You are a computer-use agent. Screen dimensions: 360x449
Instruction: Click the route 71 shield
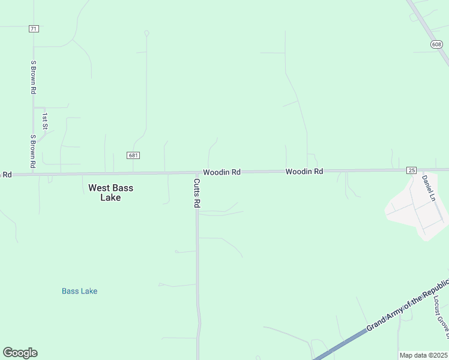(34, 28)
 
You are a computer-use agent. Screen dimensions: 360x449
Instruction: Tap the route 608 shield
(436, 44)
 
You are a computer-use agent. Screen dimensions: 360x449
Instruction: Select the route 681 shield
(133, 155)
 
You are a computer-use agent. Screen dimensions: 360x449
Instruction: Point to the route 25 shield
(411, 170)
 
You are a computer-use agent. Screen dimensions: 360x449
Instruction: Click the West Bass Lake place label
(111, 193)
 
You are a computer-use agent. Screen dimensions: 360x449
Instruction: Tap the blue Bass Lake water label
(79, 292)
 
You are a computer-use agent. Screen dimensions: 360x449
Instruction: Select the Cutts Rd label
(196, 193)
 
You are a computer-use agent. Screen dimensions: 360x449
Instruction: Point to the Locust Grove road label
(441, 312)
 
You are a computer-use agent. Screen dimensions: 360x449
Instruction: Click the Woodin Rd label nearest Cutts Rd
(221, 172)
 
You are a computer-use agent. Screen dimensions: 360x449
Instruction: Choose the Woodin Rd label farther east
(304, 172)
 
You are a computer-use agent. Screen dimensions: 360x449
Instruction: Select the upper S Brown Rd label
(34, 77)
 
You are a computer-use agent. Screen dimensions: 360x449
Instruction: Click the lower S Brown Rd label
(34, 151)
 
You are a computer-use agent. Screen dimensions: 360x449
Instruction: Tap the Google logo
(20, 353)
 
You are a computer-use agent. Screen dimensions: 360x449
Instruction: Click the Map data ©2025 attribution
(424, 355)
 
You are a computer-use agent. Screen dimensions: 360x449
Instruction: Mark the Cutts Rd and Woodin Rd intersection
(196, 173)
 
